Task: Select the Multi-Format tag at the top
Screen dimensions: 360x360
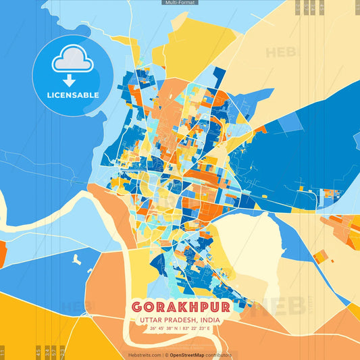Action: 180,3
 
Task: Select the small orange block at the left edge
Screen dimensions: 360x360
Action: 2,253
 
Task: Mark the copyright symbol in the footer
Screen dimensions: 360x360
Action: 165,355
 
